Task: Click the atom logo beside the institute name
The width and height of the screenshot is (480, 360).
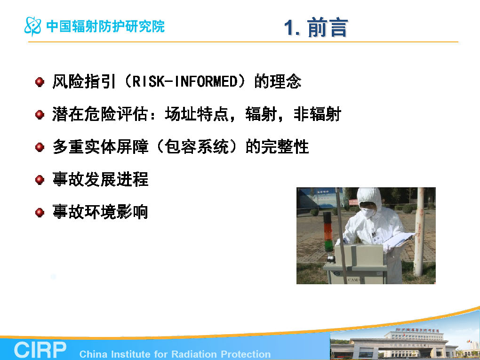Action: point(33,26)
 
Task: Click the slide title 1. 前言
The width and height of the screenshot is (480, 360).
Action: point(316,28)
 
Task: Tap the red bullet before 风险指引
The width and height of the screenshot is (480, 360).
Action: point(40,82)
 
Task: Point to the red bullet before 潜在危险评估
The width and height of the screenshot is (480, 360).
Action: point(40,114)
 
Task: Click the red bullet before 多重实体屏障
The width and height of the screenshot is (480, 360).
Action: point(40,147)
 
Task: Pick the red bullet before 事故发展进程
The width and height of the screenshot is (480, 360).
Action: point(40,180)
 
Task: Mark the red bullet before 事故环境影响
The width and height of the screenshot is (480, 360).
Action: point(40,212)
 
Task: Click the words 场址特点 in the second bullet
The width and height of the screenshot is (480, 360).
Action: point(197,114)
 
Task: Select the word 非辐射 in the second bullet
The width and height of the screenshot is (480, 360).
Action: point(317,114)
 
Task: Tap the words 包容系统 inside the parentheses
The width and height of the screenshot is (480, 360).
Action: point(197,147)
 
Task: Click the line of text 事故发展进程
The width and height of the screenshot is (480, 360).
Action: point(100,179)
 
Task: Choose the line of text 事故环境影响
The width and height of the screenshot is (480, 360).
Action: point(100,212)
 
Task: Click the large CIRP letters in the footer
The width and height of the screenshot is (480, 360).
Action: point(40,350)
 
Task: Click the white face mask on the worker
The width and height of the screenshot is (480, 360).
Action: point(368,212)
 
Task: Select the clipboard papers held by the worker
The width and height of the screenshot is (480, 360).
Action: point(400,240)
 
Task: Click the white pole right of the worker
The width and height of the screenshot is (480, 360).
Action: point(419,232)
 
